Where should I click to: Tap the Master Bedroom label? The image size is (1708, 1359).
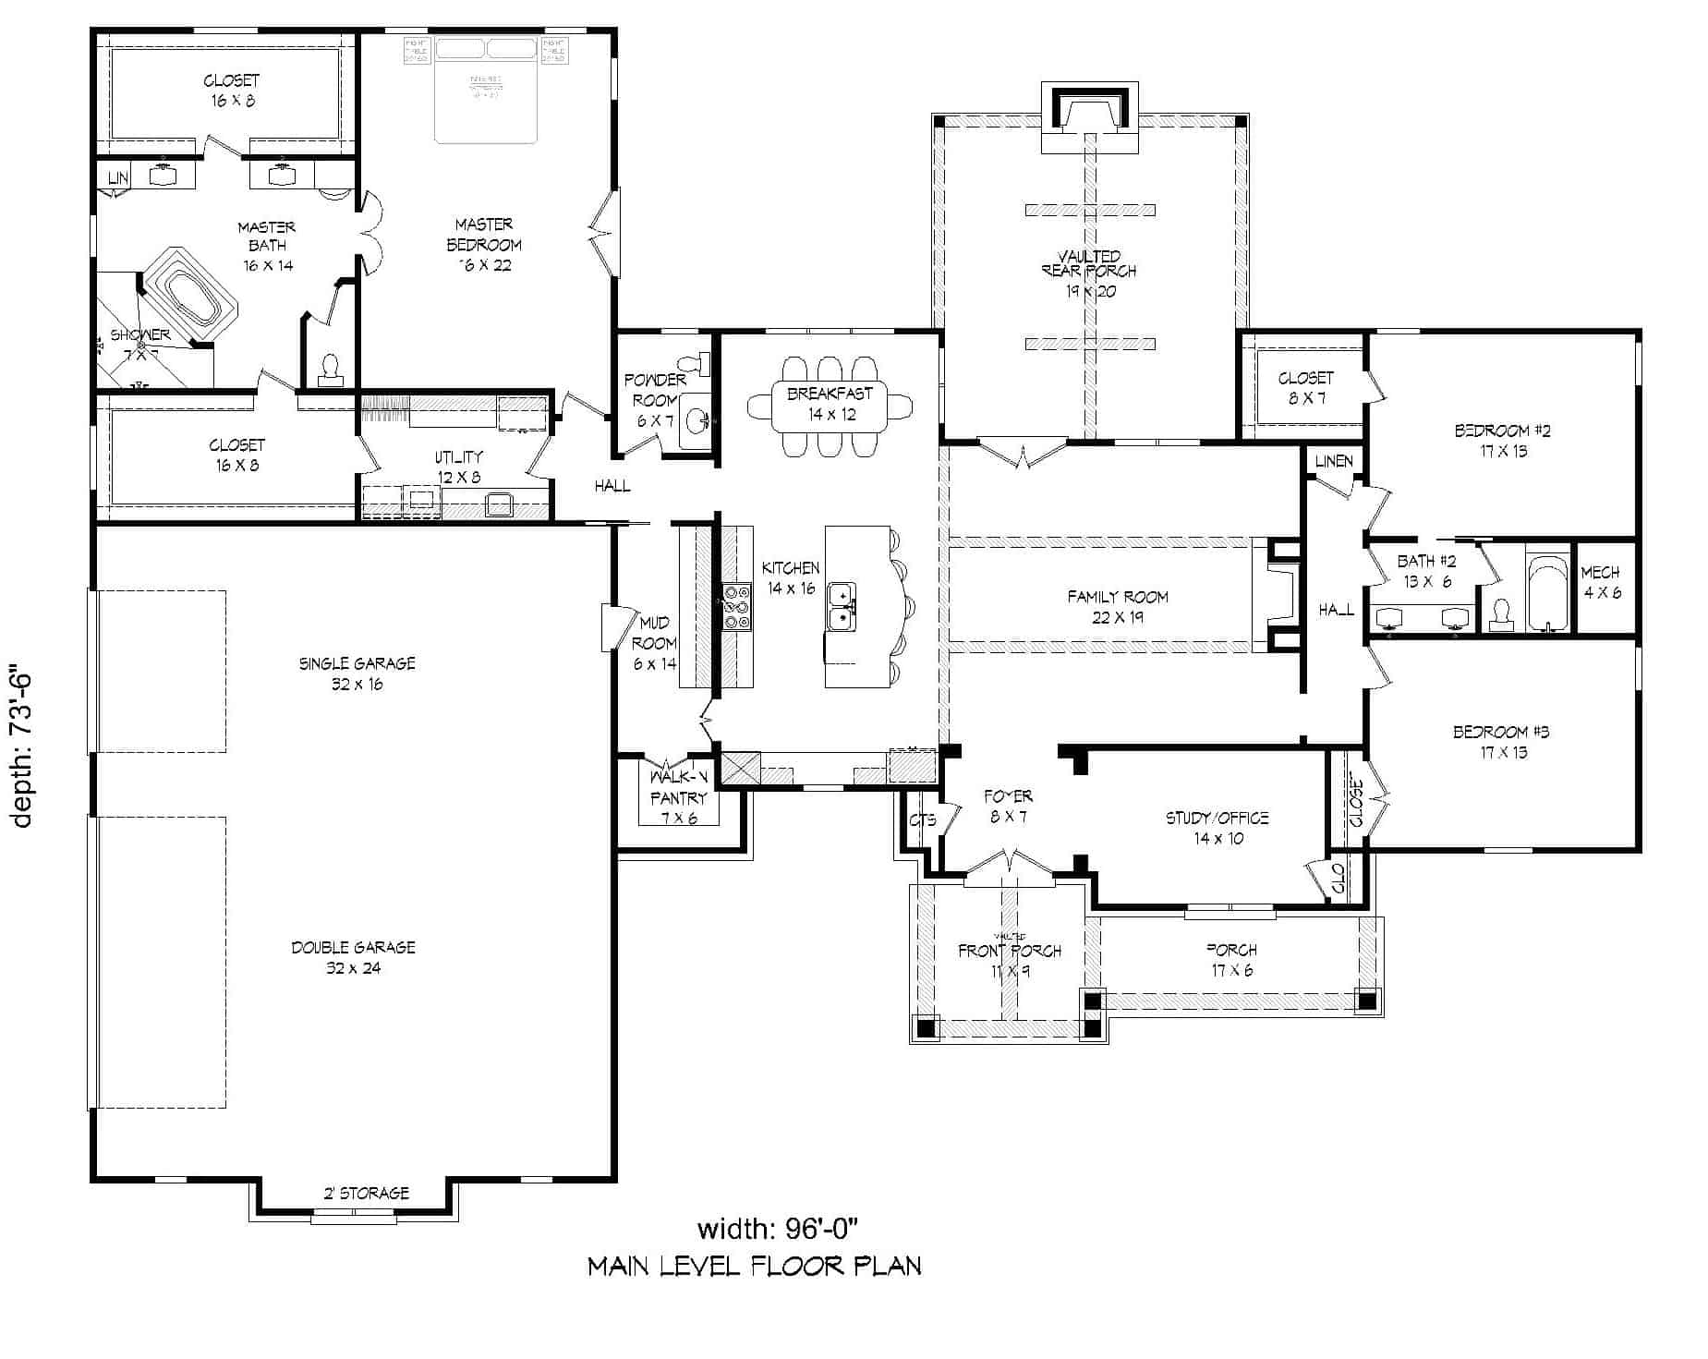[x=484, y=245]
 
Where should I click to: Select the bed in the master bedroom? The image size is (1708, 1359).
[x=486, y=91]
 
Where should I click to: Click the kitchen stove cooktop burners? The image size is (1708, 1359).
[x=736, y=606]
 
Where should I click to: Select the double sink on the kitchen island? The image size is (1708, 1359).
[x=842, y=606]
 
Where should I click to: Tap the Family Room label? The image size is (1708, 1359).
[x=1118, y=607]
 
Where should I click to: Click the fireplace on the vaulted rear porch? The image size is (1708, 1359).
[x=1090, y=115]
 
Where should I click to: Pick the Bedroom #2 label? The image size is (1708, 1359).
[x=1502, y=441]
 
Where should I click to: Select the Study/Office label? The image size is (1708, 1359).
[x=1217, y=828]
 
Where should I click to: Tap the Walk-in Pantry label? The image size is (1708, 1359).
[x=678, y=797]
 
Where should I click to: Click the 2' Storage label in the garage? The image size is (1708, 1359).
[x=366, y=1193]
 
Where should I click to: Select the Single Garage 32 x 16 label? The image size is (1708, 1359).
[x=357, y=673]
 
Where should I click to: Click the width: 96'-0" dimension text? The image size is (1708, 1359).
[x=778, y=1229]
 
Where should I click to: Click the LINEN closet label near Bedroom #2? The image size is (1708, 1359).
[x=1333, y=461]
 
